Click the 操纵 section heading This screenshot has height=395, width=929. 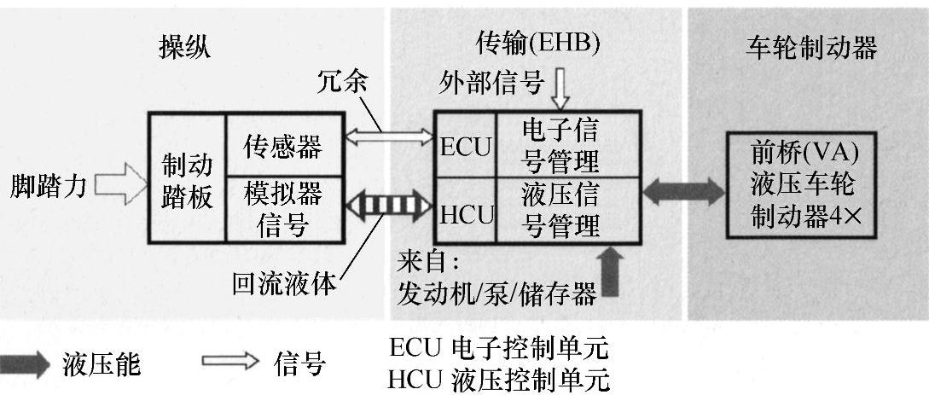point(184,49)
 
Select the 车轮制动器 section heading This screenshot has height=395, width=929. point(805,48)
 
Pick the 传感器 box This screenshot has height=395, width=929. point(282,147)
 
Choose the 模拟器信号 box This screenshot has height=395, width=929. point(282,208)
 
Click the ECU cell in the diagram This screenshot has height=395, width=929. point(466,147)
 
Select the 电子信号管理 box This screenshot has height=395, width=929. point(560,145)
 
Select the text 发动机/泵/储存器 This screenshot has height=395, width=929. point(496,294)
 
